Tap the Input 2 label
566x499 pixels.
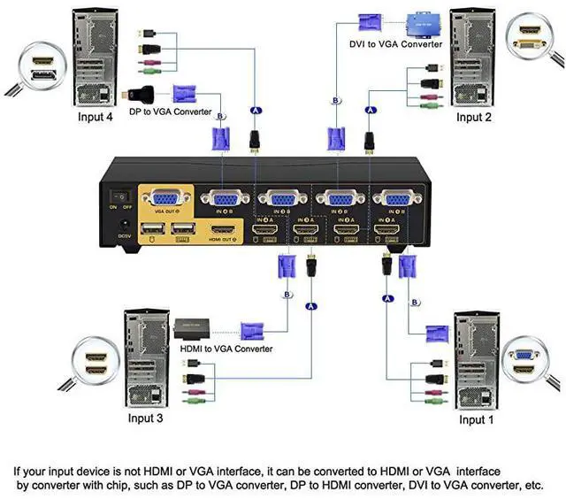click(474, 117)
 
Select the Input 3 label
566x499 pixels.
click(146, 418)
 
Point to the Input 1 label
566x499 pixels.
click(478, 419)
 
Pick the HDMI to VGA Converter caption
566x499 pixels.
click(226, 349)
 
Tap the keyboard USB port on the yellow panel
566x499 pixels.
click(183, 231)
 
